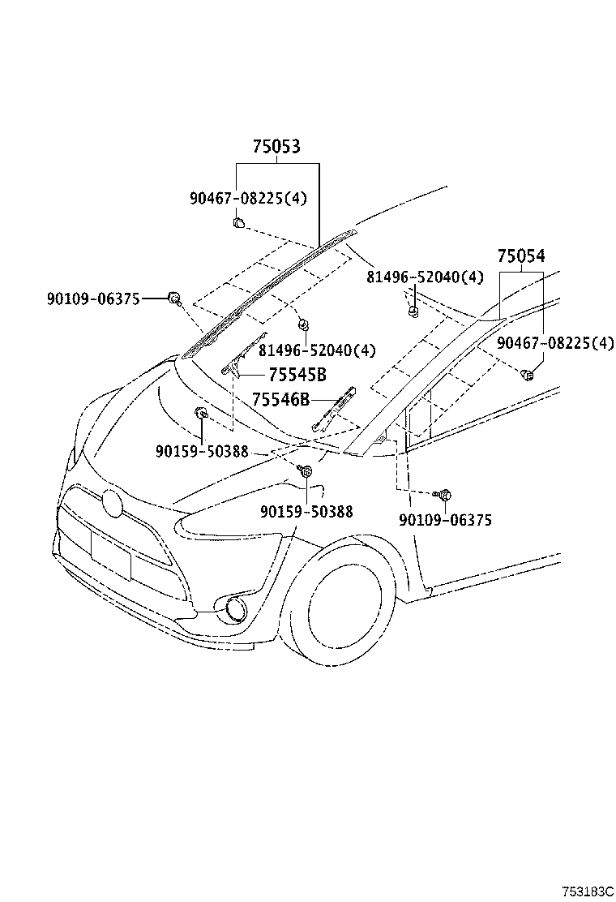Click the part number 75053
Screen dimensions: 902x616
[x=276, y=147]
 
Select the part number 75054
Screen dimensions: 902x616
[x=520, y=256]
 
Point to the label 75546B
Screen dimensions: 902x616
[x=280, y=399]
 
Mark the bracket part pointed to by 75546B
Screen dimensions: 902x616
[x=336, y=409]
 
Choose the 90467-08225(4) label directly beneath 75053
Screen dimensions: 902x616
[x=249, y=198]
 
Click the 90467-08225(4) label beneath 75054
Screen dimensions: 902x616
[x=555, y=343]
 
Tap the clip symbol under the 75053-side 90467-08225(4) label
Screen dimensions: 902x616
[x=238, y=222]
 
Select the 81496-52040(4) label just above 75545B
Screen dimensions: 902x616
[x=318, y=350]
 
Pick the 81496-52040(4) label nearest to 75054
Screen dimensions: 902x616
[x=425, y=277]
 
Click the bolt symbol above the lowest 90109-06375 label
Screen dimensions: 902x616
[x=444, y=494]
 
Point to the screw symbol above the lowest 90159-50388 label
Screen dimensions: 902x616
[x=306, y=470]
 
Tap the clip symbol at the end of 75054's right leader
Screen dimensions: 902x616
[x=527, y=374]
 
